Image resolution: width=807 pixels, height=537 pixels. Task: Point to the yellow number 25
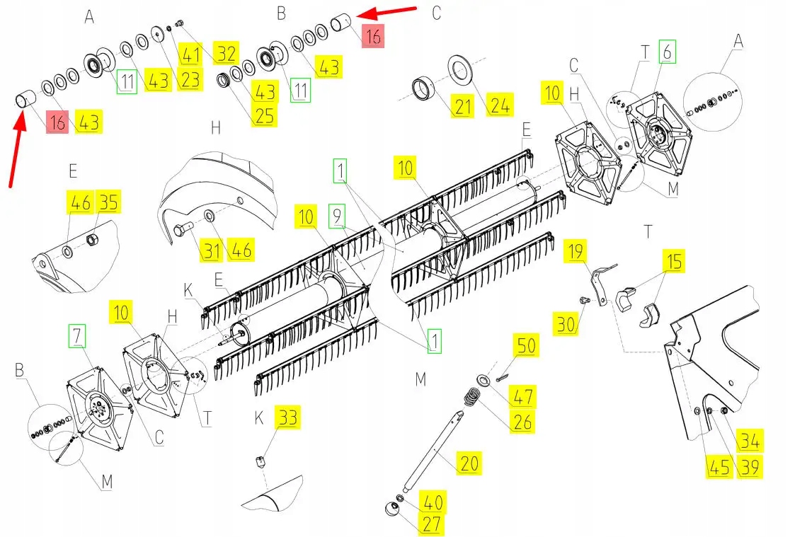(x=265, y=115)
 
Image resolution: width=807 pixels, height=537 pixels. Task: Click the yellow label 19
(x=576, y=250)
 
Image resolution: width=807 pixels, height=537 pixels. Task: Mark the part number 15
(x=674, y=262)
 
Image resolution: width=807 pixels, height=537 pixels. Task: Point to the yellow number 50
(x=527, y=346)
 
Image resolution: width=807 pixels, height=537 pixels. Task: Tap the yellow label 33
(x=288, y=418)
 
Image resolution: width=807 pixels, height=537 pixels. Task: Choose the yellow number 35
(x=108, y=202)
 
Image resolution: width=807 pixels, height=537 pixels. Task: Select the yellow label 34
(x=750, y=441)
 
